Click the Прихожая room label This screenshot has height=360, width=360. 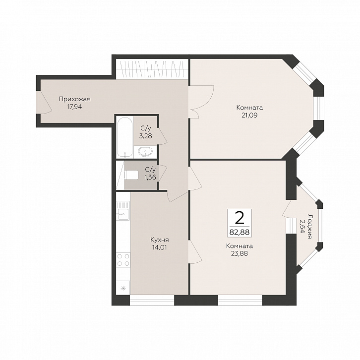click(x=74, y=99)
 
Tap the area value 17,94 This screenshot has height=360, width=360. click(x=74, y=107)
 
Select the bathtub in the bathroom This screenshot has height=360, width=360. click(x=124, y=137)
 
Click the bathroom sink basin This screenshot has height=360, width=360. click(x=145, y=152)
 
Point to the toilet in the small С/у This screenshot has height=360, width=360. click(x=131, y=176)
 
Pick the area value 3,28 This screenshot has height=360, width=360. click(x=146, y=136)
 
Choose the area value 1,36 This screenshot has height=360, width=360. click(x=150, y=177)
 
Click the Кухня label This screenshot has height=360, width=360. click(x=160, y=240)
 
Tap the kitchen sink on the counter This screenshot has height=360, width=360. click(x=123, y=214)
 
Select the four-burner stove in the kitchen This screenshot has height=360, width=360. click(x=123, y=260)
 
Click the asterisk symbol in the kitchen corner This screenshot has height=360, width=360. click(x=123, y=288)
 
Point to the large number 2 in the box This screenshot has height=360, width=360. click(x=240, y=218)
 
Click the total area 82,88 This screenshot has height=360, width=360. click(x=240, y=232)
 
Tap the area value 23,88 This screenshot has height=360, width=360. click(x=240, y=253)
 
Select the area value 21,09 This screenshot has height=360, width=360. click(x=249, y=115)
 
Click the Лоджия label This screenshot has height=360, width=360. click(x=310, y=226)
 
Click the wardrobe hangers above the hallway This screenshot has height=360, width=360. click(x=152, y=68)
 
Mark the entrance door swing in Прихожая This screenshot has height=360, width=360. click(x=44, y=102)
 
